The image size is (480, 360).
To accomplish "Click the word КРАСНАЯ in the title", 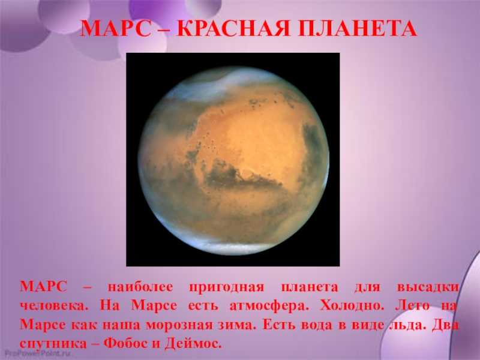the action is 233,29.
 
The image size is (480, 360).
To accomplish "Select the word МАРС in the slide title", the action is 116,29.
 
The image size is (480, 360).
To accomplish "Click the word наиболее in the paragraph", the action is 140,287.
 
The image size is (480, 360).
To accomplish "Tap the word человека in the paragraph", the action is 52,306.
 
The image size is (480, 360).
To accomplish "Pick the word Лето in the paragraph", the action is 412,306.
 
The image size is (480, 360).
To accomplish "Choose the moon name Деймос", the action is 193,343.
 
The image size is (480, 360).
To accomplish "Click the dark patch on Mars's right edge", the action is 313,144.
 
